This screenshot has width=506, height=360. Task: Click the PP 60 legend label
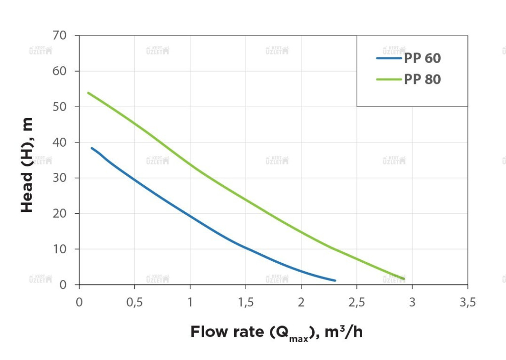pos(422,58)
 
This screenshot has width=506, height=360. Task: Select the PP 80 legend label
pos(422,79)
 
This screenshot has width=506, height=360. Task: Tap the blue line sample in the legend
pos(389,58)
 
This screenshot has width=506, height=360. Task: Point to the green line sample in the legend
pos(389,79)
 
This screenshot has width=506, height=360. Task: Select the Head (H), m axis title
pos(27,165)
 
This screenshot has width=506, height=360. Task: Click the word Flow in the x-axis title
pos(207,332)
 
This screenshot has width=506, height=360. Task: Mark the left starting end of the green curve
pos(88,93)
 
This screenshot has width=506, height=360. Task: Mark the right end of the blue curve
pos(335,280)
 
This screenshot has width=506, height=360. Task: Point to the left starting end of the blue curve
pos(91,148)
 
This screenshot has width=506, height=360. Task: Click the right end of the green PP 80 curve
pos(404,279)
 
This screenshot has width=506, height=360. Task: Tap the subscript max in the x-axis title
pos(299,338)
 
